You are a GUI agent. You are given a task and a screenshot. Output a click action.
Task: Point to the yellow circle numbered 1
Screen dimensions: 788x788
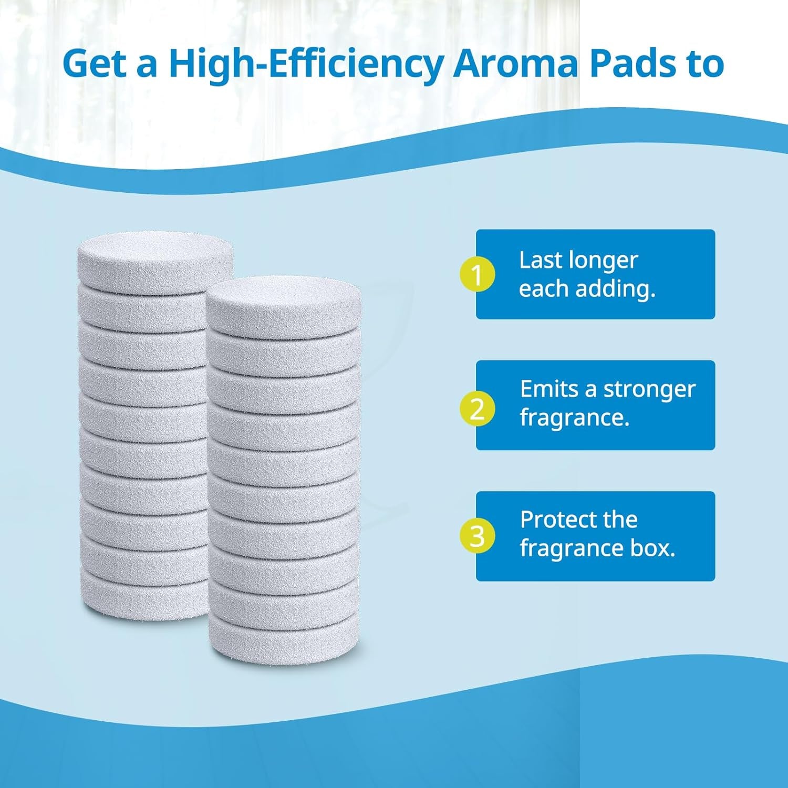click(x=477, y=274)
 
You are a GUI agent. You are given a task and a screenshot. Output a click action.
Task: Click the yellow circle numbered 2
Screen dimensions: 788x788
click(x=477, y=408)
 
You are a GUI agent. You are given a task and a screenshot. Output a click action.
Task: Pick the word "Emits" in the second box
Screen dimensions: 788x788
click(x=549, y=389)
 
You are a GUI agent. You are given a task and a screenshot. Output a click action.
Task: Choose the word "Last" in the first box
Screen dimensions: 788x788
click(x=535, y=260)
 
